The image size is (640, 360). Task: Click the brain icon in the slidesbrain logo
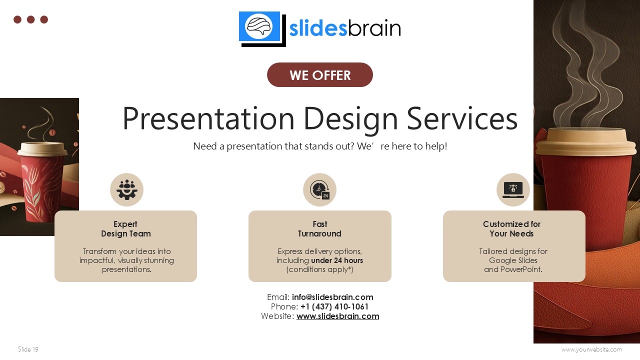(x=259, y=26)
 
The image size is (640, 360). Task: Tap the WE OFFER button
(x=320, y=75)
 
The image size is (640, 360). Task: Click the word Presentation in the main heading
(x=208, y=119)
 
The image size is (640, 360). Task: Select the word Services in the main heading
(x=461, y=119)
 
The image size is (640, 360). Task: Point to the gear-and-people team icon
(x=126, y=190)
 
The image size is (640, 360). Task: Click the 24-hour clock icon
(x=319, y=190)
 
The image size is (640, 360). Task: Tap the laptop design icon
(x=513, y=189)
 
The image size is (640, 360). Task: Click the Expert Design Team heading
(x=125, y=229)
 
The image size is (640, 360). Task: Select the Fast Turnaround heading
(x=319, y=229)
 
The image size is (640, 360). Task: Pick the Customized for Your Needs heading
(x=511, y=229)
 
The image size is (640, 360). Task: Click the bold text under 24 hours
(x=337, y=260)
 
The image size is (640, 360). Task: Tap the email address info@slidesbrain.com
(x=332, y=297)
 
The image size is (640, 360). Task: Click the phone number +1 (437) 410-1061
(x=334, y=306)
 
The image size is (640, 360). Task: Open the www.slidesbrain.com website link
(x=337, y=316)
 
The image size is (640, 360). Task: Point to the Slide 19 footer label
(x=28, y=349)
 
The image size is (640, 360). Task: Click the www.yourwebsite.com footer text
(x=591, y=349)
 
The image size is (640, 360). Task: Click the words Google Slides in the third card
(x=513, y=260)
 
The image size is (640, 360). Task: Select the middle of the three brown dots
(x=30, y=19)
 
